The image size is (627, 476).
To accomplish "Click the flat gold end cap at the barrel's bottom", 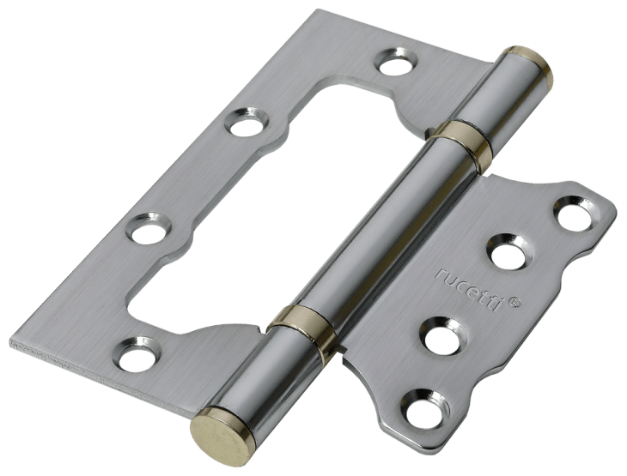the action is click(x=222, y=437).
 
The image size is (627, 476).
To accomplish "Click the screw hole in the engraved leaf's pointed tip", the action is click(x=575, y=214).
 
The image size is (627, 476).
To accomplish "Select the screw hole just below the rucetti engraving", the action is click(x=442, y=336).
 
